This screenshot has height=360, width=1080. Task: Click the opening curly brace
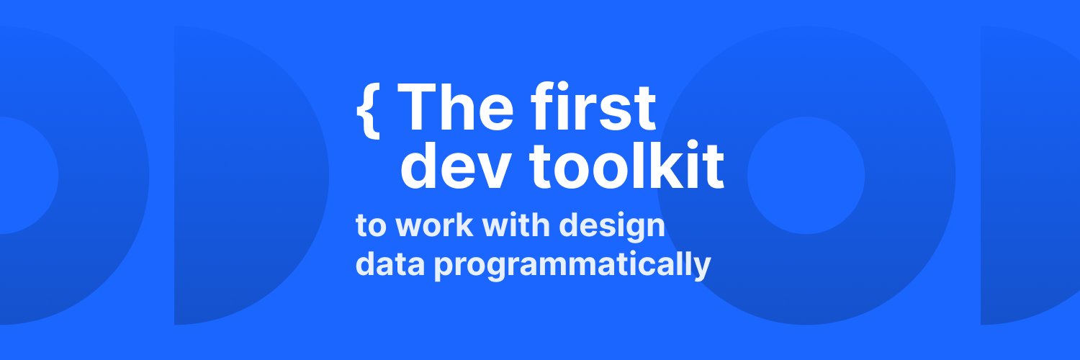[x=368, y=109]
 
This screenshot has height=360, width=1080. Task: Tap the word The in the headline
[x=454, y=108]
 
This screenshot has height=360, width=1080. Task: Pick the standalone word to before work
[x=372, y=226]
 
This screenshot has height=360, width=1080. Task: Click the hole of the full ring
[x=806, y=176]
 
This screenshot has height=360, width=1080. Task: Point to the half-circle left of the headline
[x=245, y=176]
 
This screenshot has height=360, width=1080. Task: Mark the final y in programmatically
[x=702, y=269]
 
